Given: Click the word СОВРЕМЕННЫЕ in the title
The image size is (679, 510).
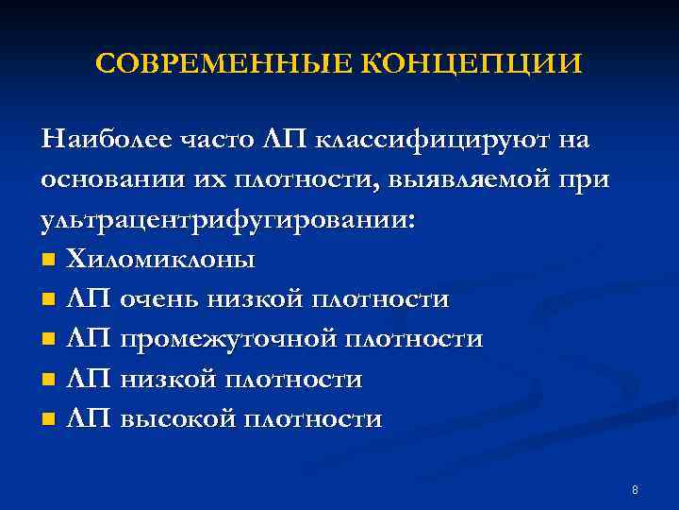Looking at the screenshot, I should tap(223, 64).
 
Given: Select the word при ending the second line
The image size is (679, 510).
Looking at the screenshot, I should tap(585, 179).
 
